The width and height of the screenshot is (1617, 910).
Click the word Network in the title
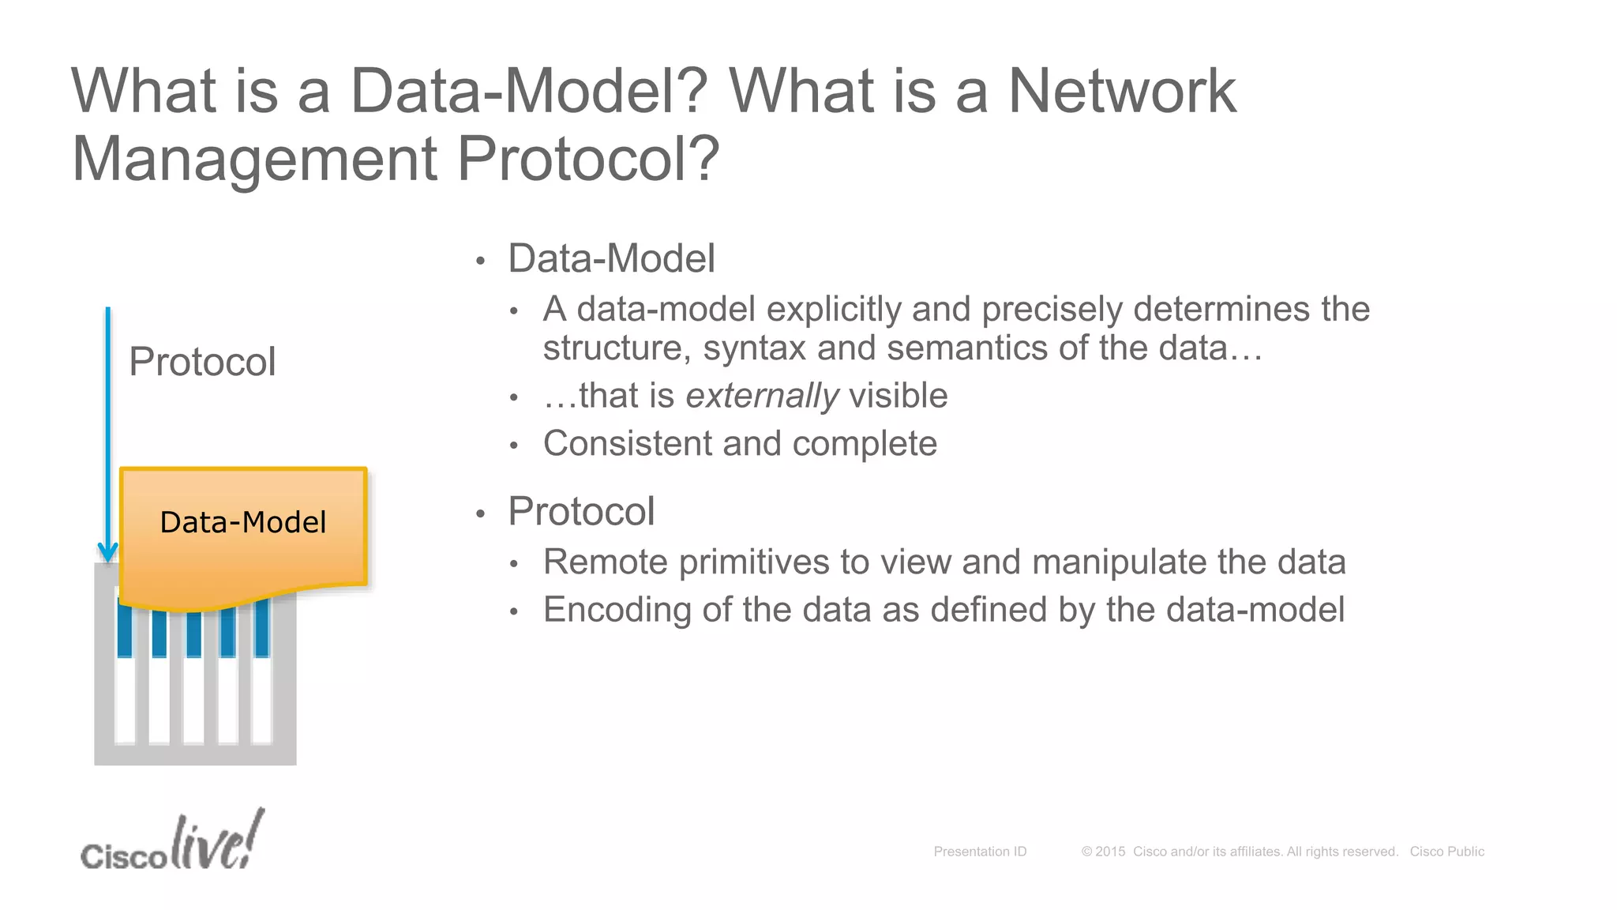pos(1122,91)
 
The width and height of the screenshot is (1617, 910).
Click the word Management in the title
pos(254,159)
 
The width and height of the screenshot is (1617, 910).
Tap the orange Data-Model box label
pos(242,522)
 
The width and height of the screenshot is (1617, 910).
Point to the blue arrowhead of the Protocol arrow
pos(108,551)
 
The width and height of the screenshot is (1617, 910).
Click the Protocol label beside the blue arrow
pos(202,362)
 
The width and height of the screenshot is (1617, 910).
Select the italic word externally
pos(762,396)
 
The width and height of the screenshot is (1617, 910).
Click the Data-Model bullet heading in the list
pos(611,259)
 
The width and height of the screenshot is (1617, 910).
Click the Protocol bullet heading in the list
pos(581,511)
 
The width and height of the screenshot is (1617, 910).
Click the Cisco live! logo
pos(173,844)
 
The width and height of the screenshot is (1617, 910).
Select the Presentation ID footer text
pos(980,852)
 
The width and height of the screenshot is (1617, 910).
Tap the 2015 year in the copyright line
pos(1109,852)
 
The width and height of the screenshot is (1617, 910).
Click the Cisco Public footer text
pos(1446,852)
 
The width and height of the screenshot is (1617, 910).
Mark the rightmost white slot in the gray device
pos(262,699)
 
